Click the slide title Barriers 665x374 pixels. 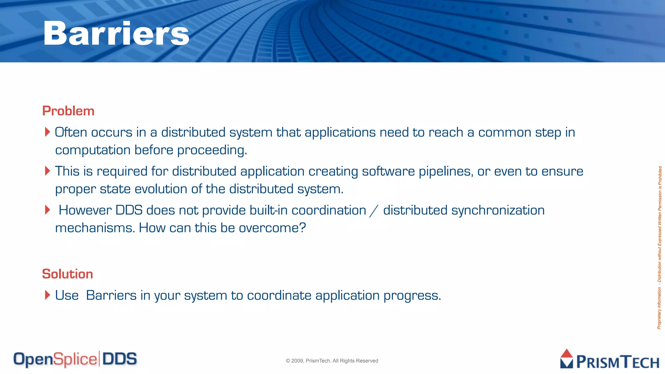pyautogui.click(x=116, y=33)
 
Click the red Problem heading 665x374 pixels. pyautogui.click(x=68, y=111)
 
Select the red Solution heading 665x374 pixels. pyautogui.click(x=68, y=274)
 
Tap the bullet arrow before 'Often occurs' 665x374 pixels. pyautogui.click(x=47, y=132)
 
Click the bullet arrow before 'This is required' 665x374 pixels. pyautogui.click(x=47, y=171)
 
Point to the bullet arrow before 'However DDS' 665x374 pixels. pyautogui.click(x=47, y=210)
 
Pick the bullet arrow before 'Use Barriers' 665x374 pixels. pyautogui.click(x=47, y=295)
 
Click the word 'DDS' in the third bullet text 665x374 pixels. pyautogui.click(x=129, y=210)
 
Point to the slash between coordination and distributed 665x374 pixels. pyautogui.click(x=374, y=211)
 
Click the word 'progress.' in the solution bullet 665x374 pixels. pyautogui.click(x=412, y=296)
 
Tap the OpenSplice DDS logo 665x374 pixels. pyautogui.click(x=75, y=359)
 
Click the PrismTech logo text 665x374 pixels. pyautogui.click(x=617, y=362)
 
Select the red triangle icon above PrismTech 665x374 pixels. pyautogui.click(x=567, y=354)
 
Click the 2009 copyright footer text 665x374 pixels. pyautogui.click(x=332, y=361)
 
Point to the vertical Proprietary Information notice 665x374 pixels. pyautogui.click(x=659, y=247)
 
